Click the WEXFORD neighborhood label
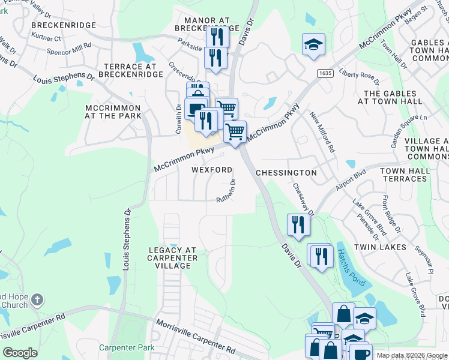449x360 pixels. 211,170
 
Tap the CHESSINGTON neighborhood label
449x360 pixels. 286,173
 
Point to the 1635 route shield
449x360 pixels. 325,73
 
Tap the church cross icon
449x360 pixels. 37,299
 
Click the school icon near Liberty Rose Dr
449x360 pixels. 313,44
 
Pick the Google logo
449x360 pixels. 20,353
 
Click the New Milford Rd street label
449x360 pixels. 322,130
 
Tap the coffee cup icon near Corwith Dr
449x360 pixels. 196,109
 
